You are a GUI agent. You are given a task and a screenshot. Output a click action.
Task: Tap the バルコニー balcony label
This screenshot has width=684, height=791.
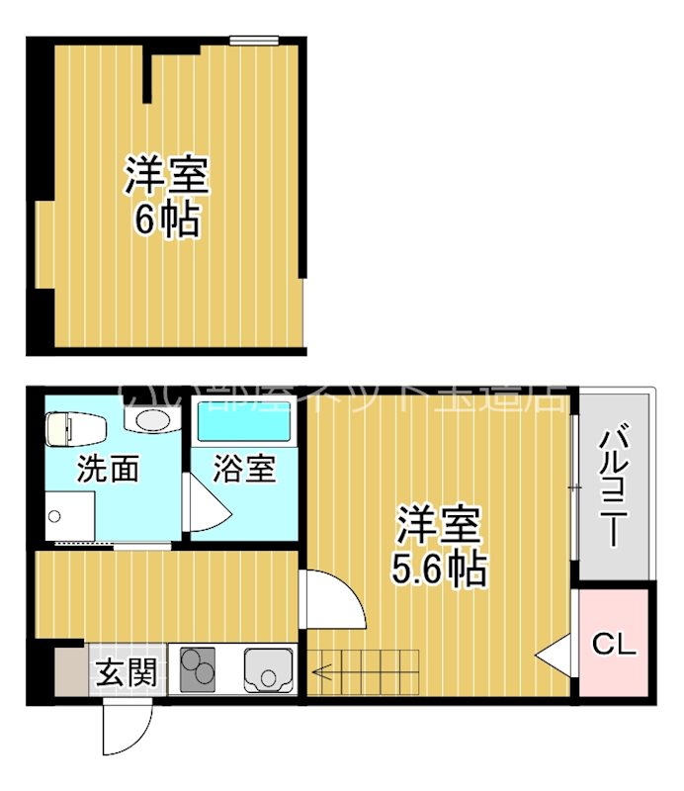tap(614, 484)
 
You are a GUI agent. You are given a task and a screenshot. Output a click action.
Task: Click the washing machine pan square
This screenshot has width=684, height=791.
tap(66, 516)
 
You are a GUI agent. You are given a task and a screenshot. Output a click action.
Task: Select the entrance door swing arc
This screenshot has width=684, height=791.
tap(126, 732)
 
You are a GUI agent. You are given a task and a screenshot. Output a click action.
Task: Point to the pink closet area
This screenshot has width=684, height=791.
tap(614, 643)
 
